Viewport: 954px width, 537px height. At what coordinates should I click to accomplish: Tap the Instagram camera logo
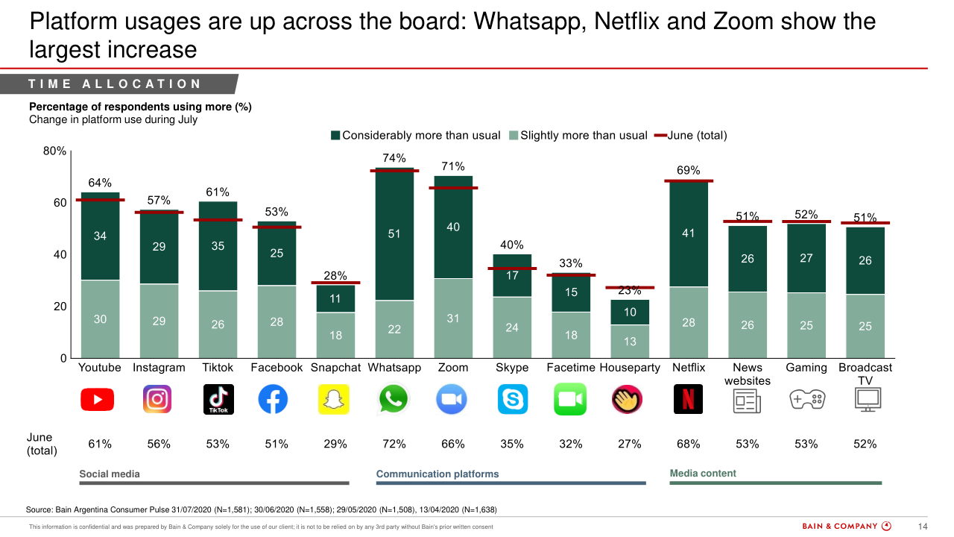click(x=157, y=400)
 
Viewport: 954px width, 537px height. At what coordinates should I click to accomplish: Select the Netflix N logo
click(x=688, y=400)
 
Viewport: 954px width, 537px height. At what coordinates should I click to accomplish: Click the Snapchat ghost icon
click(x=335, y=400)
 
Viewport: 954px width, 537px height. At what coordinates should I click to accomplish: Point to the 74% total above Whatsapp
click(x=394, y=158)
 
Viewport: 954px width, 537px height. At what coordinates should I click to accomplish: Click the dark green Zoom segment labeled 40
click(x=453, y=227)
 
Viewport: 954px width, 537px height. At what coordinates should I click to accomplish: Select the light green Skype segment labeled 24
click(x=512, y=327)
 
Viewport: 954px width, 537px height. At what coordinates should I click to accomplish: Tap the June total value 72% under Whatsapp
click(x=394, y=444)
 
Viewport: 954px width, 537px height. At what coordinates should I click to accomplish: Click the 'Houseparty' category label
click(x=630, y=368)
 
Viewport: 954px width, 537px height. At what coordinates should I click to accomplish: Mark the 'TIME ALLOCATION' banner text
click(x=116, y=84)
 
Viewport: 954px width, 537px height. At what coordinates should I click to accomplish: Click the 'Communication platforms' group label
click(x=437, y=474)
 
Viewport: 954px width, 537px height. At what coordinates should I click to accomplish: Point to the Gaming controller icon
click(x=806, y=400)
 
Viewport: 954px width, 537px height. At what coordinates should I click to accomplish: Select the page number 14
click(x=922, y=527)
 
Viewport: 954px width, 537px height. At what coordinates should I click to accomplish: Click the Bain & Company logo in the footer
click(x=846, y=527)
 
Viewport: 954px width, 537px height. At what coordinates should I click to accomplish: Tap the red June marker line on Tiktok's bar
click(x=218, y=220)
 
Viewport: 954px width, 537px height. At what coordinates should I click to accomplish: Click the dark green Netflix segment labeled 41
click(x=688, y=233)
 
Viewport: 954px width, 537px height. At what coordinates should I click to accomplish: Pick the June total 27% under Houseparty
click(x=630, y=444)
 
